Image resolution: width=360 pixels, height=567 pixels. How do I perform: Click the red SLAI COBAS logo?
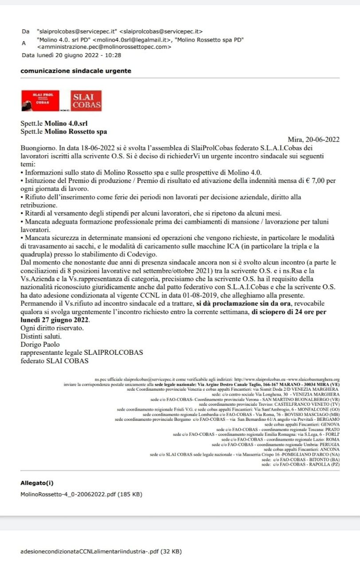click(x=87, y=101)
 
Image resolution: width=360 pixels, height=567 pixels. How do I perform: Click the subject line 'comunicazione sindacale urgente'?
click(x=76, y=71)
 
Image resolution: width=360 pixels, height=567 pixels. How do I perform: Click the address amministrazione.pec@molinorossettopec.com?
click(x=104, y=47)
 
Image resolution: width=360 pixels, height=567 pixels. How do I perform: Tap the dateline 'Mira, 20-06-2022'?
click(x=313, y=140)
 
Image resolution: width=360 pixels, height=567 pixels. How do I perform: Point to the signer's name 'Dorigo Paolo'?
click(x=40, y=344)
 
